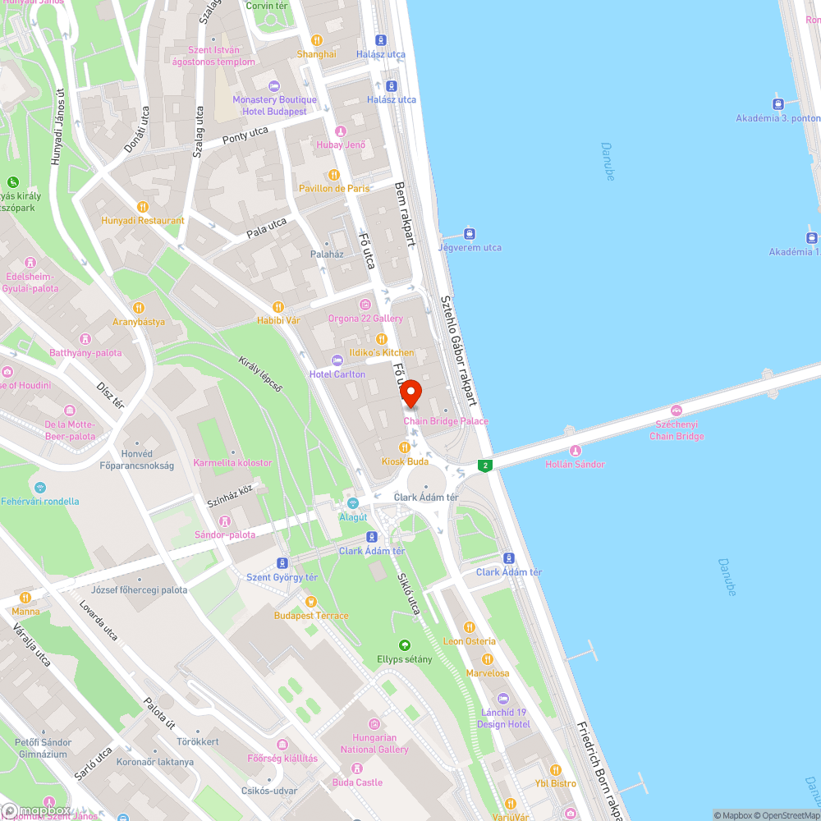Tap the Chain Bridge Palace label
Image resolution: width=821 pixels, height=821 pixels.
tap(446, 421)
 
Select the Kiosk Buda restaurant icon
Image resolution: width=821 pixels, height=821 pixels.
tap(404, 447)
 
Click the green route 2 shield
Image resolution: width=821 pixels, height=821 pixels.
tap(485, 466)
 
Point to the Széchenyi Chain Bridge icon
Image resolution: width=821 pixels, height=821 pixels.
tap(677, 410)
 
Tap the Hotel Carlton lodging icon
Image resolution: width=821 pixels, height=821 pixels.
tap(337, 360)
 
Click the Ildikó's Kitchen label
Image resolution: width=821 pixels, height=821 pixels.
tap(381, 353)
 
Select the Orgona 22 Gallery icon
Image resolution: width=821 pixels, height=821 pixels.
tap(365, 305)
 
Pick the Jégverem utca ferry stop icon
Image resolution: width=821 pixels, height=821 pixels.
tap(470, 233)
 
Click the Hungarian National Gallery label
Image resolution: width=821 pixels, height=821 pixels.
tap(374, 744)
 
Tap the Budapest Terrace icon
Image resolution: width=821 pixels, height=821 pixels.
tap(311, 602)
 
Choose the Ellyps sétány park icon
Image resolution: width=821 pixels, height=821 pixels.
tap(404, 645)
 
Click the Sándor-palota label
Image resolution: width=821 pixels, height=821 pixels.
tap(224, 534)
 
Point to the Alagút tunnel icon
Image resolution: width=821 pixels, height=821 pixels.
tap(353, 503)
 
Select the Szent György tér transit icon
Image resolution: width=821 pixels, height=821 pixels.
tap(282, 563)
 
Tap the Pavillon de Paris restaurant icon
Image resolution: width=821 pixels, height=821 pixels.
tap(334, 175)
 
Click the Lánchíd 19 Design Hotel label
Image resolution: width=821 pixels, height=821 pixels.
tap(504, 718)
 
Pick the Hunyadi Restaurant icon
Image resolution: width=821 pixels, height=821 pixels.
tap(142, 207)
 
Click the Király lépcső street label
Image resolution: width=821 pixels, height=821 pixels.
tap(260, 374)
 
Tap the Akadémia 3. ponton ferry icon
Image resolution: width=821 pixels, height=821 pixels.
tap(777, 104)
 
